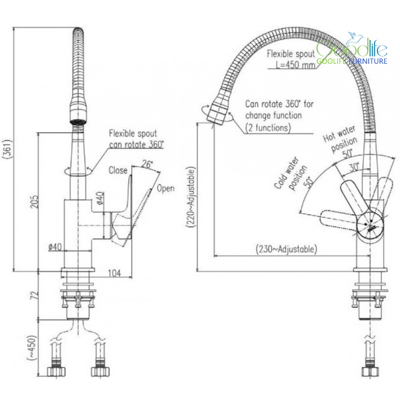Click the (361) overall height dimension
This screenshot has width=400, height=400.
pyautogui.click(x=8, y=149)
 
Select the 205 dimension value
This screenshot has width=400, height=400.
pyautogui.click(x=35, y=202)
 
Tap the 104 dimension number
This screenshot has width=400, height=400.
pyautogui.click(x=114, y=273)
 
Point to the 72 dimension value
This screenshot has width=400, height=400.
pyautogui.click(x=34, y=295)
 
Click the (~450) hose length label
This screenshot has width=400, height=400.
pyautogui.click(x=32, y=348)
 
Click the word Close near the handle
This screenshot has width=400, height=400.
pyautogui.click(x=118, y=170)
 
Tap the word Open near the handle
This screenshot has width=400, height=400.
pyautogui.click(x=166, y=189)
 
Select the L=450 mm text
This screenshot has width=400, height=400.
pyautogui.click(x=295, y=65)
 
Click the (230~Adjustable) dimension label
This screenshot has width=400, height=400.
pyautogui.click(x=286, y=249)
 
